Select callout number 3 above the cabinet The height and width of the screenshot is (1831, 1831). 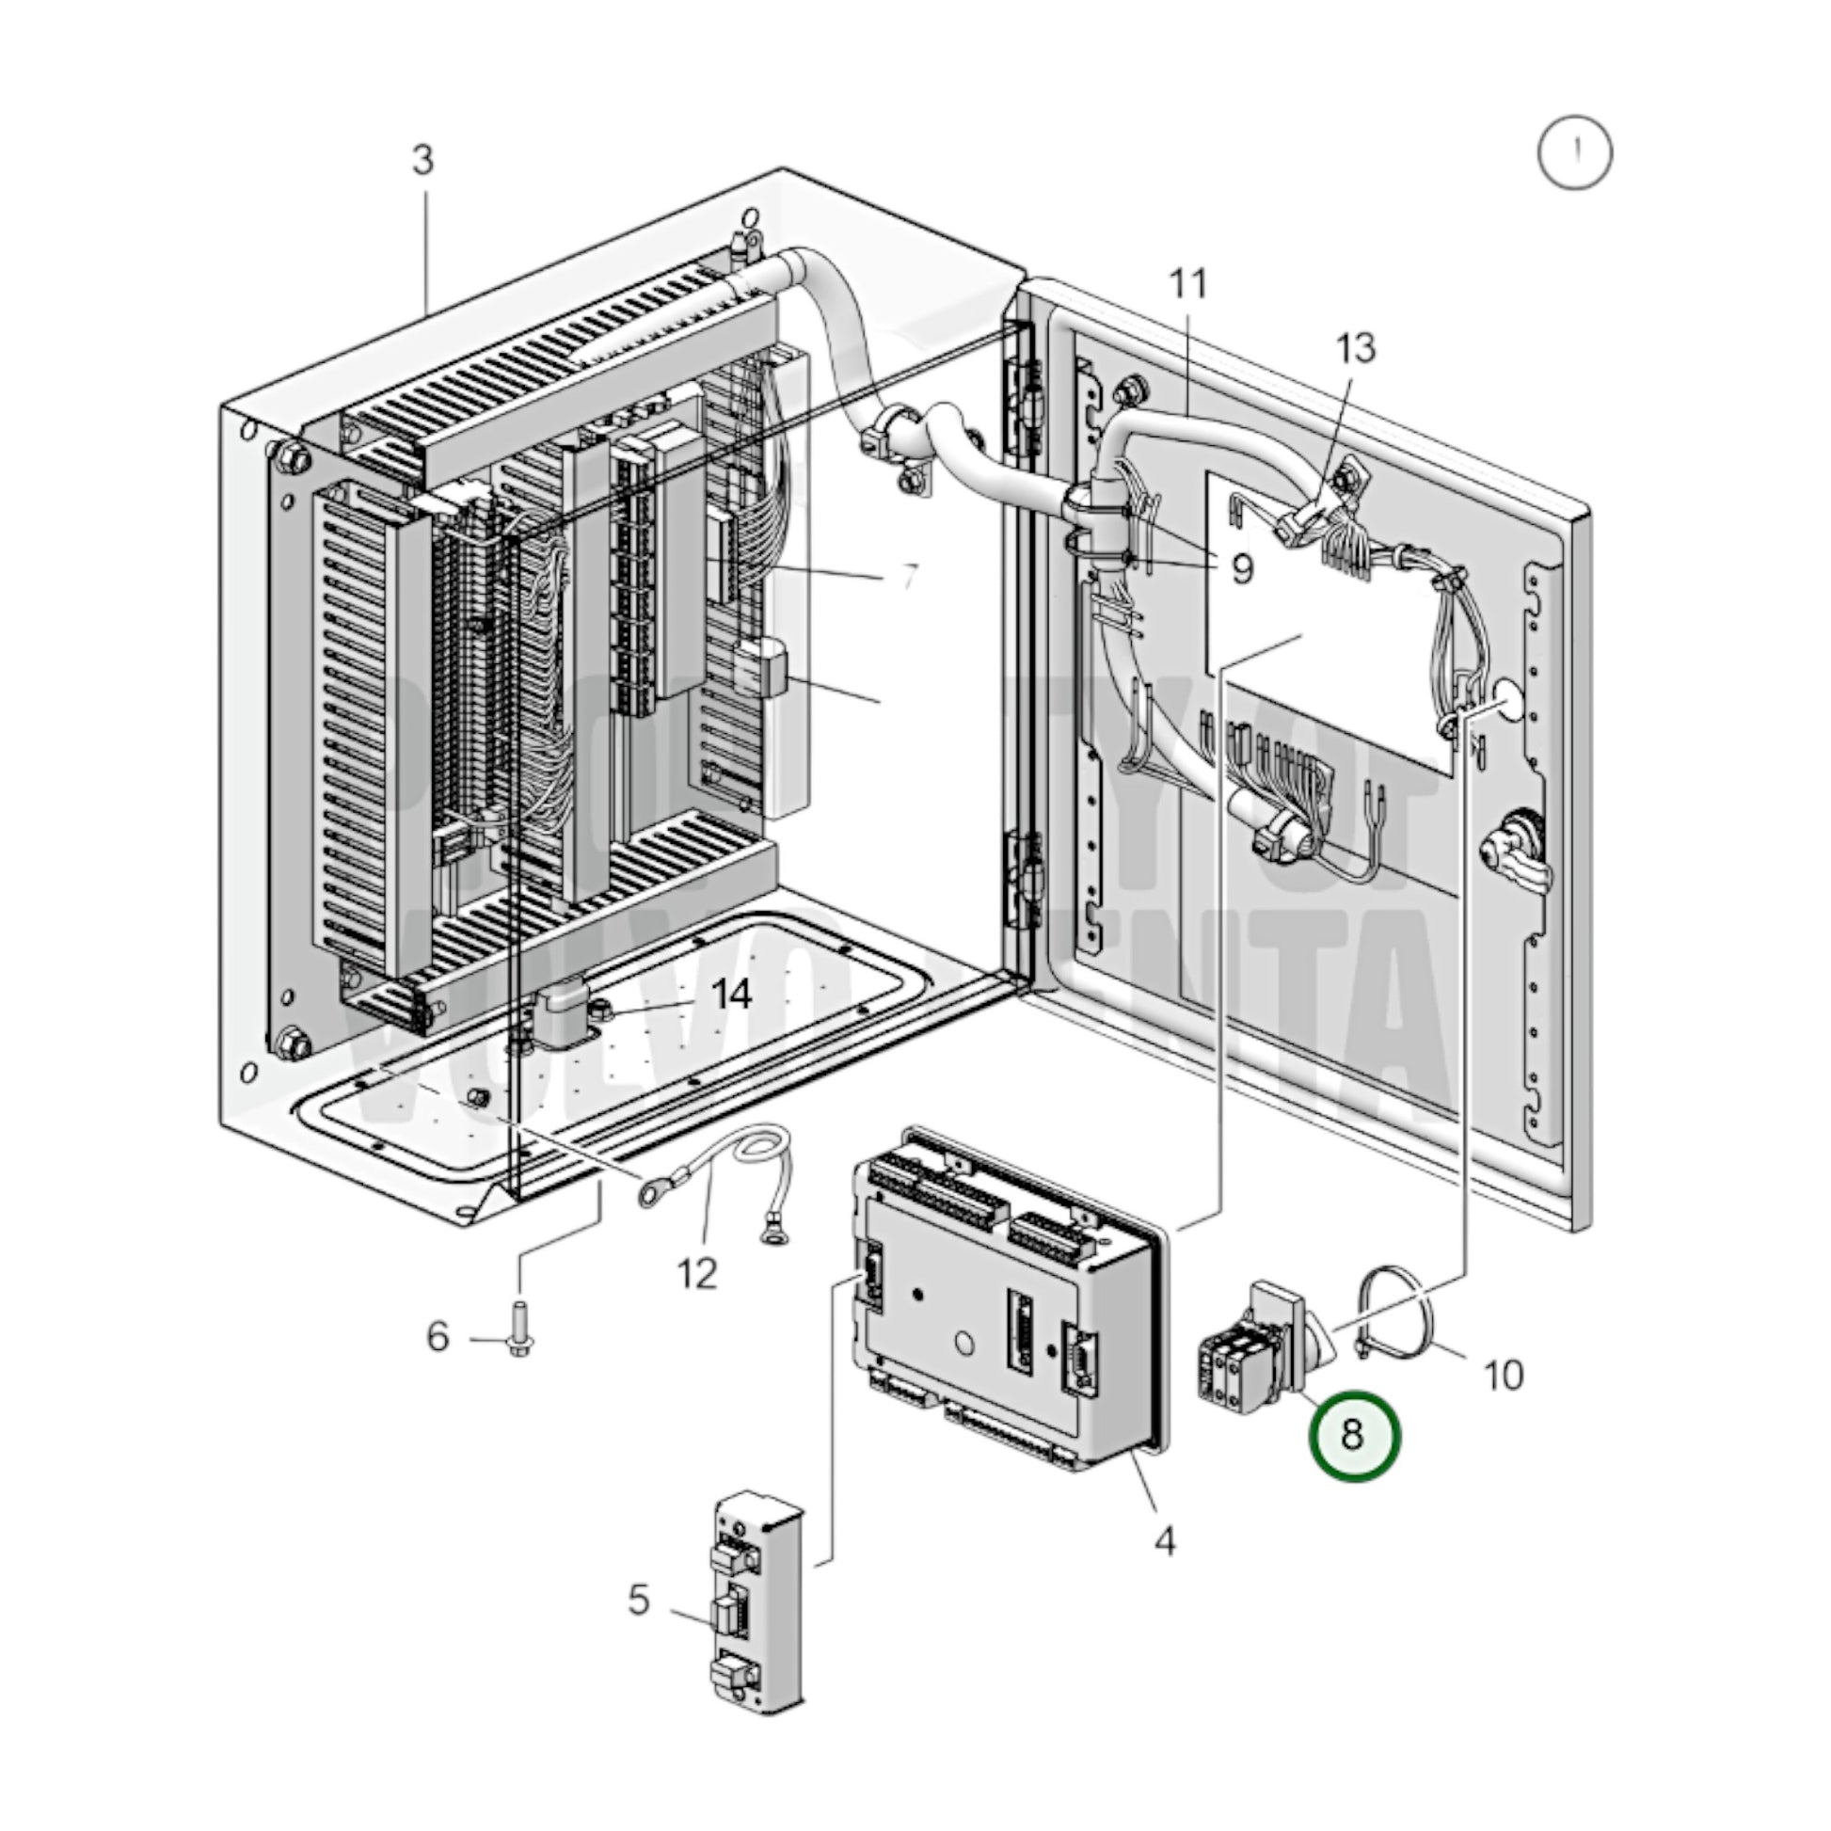tap(422, 160)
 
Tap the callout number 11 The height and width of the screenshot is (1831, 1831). tap(1187, 283)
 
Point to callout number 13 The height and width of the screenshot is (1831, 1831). tap(1355, 349)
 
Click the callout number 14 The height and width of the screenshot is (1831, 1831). tap(731, 995)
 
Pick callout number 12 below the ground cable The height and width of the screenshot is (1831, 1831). tap(697, 1274)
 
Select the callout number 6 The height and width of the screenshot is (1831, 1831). tap(437, 1337)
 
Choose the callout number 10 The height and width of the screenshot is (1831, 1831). tap(1503, 1375)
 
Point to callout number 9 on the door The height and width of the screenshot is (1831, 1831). tap(1240, 568)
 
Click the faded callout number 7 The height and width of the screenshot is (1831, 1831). tap(908, 576)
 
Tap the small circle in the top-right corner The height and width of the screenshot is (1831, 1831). tap(1574, 152)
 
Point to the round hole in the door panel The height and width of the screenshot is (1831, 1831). tap(1508, 699)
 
